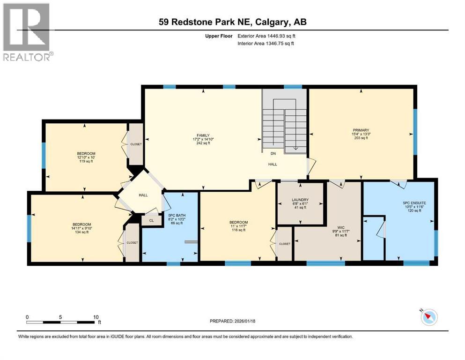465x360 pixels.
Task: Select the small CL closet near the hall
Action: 151,220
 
